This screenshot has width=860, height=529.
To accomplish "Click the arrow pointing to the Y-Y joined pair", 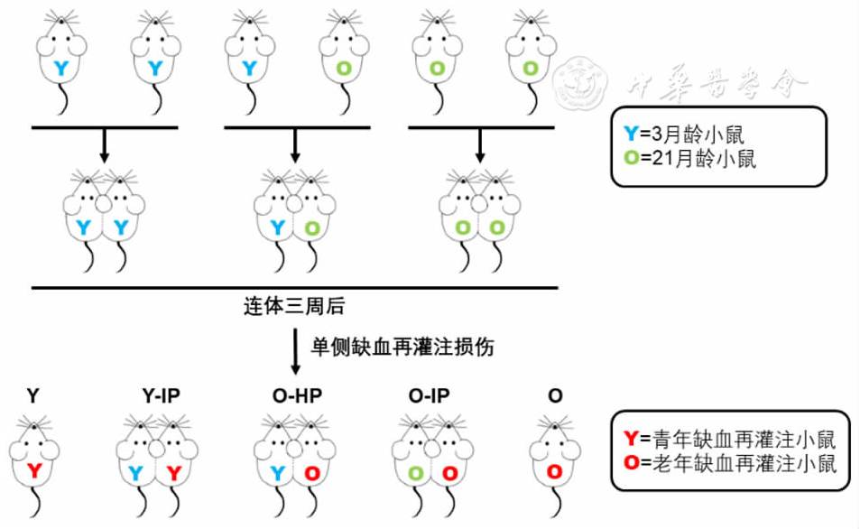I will click(x=104, y=145).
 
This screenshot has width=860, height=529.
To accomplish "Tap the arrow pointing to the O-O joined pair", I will click(x=479, y=144).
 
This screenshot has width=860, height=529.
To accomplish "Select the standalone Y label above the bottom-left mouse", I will click(x=33, y=395).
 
